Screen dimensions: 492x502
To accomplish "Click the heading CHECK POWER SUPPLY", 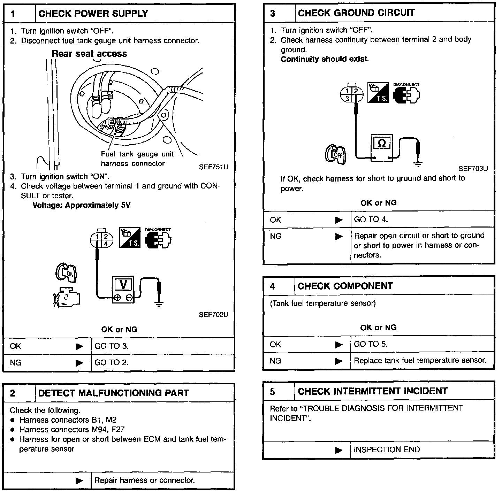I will (93, 14).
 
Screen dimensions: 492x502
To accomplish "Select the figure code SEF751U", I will (213, 167).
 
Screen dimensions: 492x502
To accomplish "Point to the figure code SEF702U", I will (213, 315).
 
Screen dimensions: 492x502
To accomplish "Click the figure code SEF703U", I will (473, 169).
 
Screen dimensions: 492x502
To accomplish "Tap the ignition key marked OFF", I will (335, 154).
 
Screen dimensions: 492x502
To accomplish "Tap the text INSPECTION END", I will (387, 449).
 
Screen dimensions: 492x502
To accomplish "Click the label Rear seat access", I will (89, 54).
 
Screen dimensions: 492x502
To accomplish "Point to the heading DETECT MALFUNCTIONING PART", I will (113, 393).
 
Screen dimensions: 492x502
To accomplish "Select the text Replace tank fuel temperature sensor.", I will (420, 360).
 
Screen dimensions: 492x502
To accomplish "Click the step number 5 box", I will (272, 391).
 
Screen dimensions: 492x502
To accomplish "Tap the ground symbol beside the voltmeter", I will (159, 303).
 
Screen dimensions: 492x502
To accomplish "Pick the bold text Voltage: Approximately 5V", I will (81, 205).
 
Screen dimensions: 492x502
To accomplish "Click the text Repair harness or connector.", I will (144, 480).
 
